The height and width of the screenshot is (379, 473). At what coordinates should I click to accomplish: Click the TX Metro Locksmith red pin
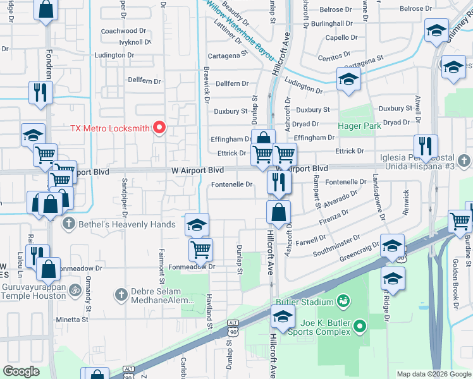click(x=159, y=128)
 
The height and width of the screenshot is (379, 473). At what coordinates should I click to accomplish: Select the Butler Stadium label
click(x=308, y=299)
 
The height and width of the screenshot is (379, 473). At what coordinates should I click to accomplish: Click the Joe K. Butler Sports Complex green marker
click(x=360, y=327)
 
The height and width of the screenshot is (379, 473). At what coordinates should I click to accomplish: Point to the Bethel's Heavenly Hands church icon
click(x=68, y=223)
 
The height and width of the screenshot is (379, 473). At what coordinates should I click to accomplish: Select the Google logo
click(x=21, y=371)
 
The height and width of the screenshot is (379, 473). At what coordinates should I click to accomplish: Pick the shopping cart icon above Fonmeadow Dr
click(x=200, y=249)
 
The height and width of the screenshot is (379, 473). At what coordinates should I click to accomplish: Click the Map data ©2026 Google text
click(x=433, y=374)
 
